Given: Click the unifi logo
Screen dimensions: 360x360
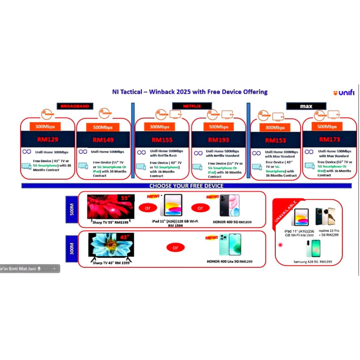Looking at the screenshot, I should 344,93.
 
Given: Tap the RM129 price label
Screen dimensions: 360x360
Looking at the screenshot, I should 48,140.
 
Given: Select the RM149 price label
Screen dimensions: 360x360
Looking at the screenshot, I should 103,140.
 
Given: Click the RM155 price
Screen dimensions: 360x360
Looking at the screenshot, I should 162,140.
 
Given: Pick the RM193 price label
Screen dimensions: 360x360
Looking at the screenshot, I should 218,140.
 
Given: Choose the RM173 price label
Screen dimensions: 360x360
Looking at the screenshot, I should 329,140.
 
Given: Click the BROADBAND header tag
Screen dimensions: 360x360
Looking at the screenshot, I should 75,106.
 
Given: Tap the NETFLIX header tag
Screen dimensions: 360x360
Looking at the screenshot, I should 192,105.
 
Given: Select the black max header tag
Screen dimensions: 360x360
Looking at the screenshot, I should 306,106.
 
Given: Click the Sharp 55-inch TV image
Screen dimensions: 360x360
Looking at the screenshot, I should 110,206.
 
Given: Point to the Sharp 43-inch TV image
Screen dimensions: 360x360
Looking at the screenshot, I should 110,244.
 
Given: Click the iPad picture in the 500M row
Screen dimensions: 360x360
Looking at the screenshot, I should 171,205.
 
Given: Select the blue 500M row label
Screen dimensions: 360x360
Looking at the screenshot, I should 72,209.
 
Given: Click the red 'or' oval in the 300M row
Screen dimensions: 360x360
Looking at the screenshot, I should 175,247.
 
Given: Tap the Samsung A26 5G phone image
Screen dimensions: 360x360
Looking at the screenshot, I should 313,248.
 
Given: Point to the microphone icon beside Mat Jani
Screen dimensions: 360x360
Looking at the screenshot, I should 39,269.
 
